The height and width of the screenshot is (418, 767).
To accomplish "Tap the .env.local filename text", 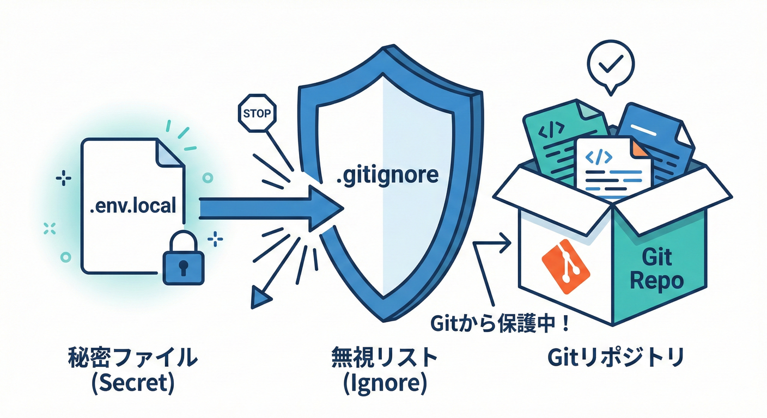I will click(133, 206).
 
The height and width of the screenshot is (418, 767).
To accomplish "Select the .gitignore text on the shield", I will click(387, 175).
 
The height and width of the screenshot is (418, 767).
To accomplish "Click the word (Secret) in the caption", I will click(133, 384).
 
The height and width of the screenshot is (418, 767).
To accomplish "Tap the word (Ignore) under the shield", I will click(385, 384).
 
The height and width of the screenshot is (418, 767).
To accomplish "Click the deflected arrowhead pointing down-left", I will click(260, 297).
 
